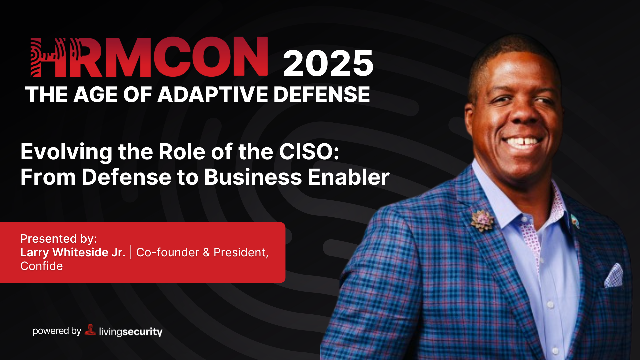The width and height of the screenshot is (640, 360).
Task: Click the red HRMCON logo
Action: click(x=149, y=57)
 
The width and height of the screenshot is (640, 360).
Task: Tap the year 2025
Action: click(x=328, y=63)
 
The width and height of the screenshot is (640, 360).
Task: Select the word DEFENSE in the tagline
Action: click(x=322, y=94)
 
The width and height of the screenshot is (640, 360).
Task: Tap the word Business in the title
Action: click(x=253, y=177)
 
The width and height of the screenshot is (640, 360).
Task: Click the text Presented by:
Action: click(x=59, y=239)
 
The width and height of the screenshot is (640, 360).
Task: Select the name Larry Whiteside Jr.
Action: click(x=73, y=252)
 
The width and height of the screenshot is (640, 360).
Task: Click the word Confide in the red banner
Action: click(x=42, y=266)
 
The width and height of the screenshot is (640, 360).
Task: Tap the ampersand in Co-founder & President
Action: click(x=206, y=253)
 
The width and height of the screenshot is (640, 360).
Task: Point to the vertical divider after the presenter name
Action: click(x=131, y=252)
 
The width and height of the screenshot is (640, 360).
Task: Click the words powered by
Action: click(x=57, y=331)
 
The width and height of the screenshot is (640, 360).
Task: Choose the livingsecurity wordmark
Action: click(x=131, y=332)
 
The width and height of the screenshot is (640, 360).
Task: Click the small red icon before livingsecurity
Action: click(x=90, y=330)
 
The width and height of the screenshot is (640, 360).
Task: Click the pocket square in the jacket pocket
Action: click(x=614, y=276)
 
